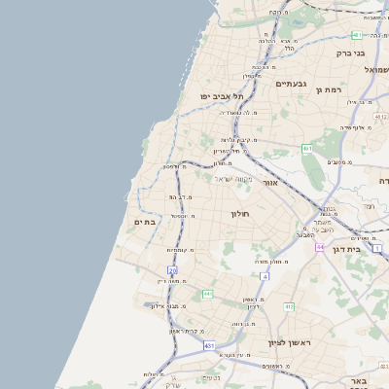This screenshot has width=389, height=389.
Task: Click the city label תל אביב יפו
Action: (222, 96)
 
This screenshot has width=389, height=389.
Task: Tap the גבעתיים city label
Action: (291, 84)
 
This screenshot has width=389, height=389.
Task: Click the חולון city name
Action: (240, 213)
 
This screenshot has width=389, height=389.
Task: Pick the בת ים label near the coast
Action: (145, 223)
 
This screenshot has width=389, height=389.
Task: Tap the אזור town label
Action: (270, 182)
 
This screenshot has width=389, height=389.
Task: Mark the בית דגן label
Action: (366, 250)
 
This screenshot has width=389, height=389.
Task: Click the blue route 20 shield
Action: (172, 269)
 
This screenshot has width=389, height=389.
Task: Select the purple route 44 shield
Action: (319, 247)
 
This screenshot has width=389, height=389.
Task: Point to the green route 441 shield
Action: (207, 293)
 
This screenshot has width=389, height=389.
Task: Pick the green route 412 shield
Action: (289, 306)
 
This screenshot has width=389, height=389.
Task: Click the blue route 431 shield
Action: (209, 345)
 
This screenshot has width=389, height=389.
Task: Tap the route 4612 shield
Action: (306, 149)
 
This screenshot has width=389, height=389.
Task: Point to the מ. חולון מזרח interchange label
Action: (274, 262)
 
